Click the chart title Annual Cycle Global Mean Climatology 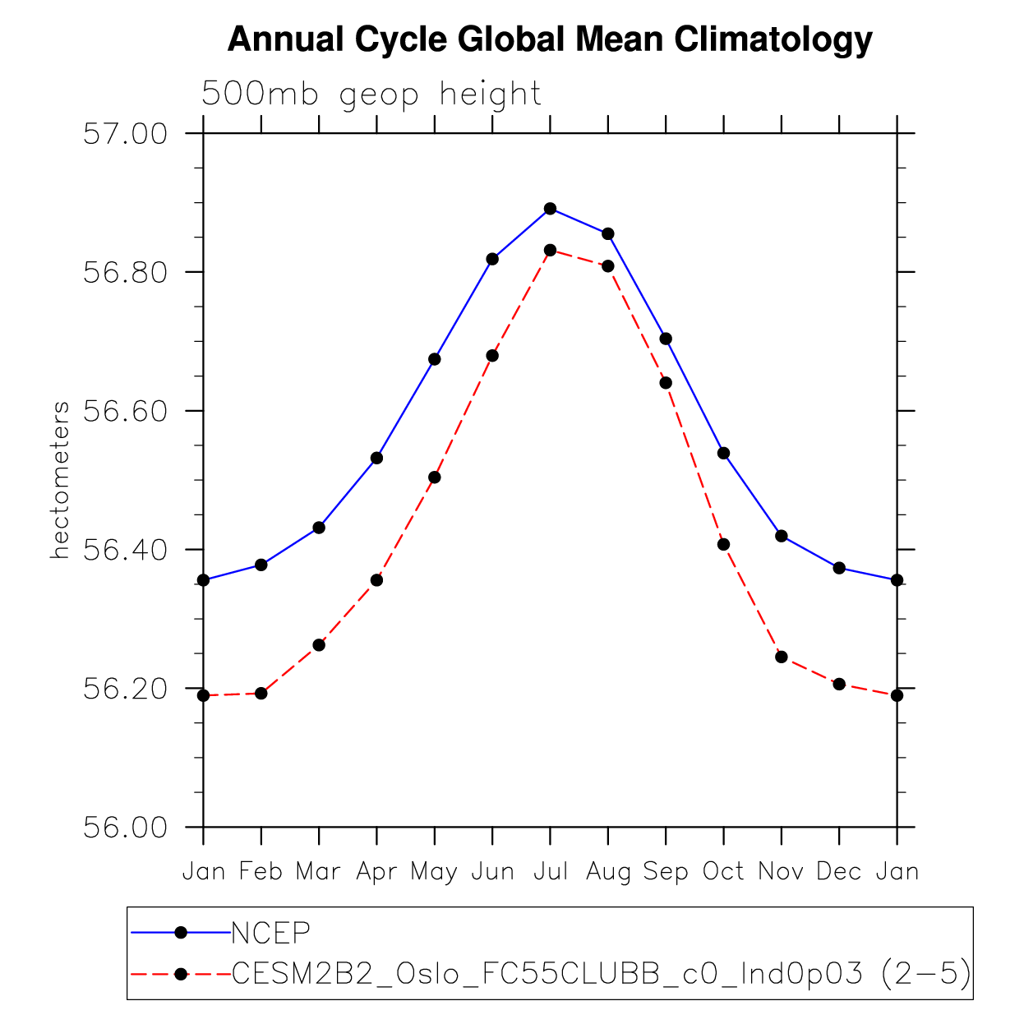click(549, 39)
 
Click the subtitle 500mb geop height click(371, 95)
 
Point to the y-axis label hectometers click(60, 481)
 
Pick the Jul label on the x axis click(551, 871)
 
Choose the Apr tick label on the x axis click(376, 871)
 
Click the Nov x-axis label click(781, 871)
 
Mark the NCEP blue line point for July click(551, 209)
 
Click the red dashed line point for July click(551, 250)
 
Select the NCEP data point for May click(435, 359)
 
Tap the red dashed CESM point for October click(723, 544)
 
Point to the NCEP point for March click(319, 528)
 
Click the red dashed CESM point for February click(261, 694)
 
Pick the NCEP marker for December click(839, 568)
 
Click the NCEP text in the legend click(271, 933)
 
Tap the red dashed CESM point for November click(782, 657)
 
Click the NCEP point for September click(666, 339)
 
